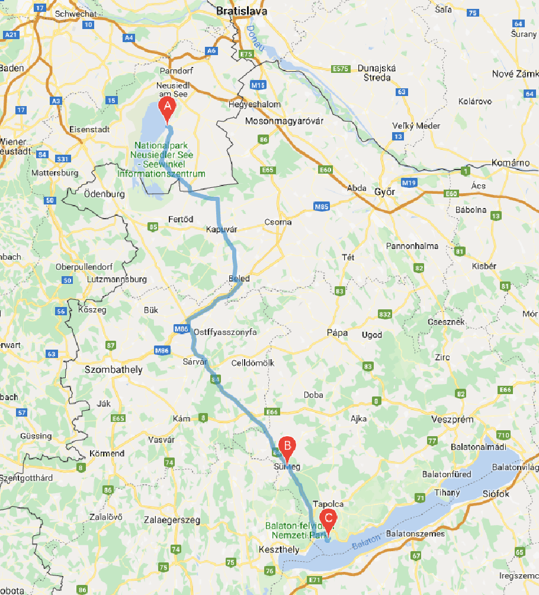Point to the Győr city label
click(384, 192)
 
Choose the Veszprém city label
click(453, 419)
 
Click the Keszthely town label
click(279, 549)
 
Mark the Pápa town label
click(337, 332)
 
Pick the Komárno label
click(514, 162)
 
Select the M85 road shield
click(322, 206)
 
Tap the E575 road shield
click(341, 69)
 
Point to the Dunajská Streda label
click(376, 72)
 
